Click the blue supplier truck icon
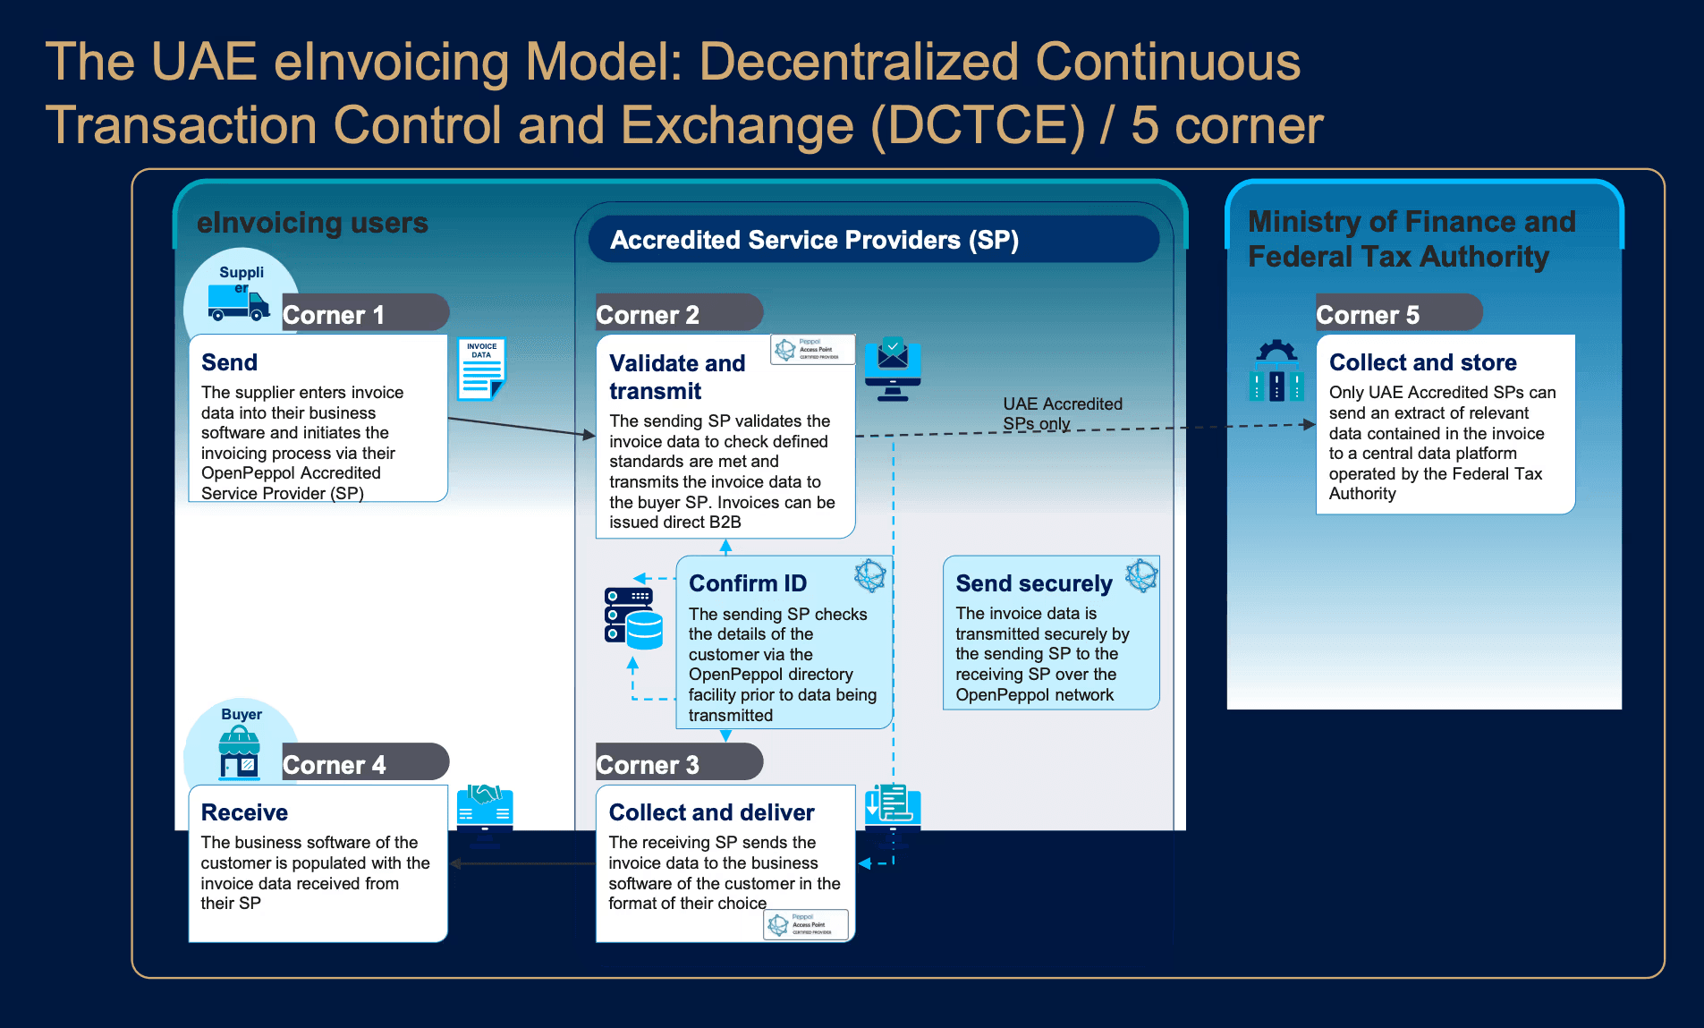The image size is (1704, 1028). click(x=238, y=302)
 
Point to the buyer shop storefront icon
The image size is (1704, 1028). click(x=239, y=753)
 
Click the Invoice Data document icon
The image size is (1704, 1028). click(x=481, y=368)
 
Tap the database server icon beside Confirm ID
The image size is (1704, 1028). click(x=633, y=617)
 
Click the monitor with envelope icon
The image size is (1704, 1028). click(x=893, y=369)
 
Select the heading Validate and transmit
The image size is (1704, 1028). click(x=677, y=377)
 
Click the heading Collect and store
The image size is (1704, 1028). click(x=1422, y=362)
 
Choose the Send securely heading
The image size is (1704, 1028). click(x=1033, y=583)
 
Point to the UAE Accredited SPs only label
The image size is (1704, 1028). click(x=1062, y=413)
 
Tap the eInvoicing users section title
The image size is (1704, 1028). click(x=312, y=222)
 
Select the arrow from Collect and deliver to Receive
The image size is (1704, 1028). click(x=522, y=863)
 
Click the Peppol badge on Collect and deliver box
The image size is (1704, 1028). click(x=806, y=924)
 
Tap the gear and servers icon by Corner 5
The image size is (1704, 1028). click(x=1276, y=370)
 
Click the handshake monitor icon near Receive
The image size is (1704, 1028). click(x=485, y=810)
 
